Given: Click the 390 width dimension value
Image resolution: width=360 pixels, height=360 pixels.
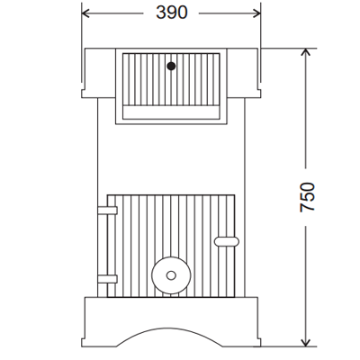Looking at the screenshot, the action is [x=172, y=13].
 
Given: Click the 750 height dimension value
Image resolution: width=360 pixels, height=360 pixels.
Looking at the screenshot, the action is [x=308, y=197].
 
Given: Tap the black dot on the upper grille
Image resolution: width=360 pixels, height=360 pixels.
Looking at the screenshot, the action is [x=171, y=66].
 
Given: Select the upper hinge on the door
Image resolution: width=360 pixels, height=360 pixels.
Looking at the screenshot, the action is [x=107, y=210].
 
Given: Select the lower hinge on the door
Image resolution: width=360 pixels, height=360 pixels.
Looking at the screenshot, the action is [x=107, y=279].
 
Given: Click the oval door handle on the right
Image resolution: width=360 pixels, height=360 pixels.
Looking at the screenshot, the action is [x=227, y=241].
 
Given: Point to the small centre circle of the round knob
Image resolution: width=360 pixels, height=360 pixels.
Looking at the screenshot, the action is [x=171, y=275].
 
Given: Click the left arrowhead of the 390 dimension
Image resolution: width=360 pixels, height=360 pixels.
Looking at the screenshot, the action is [x=86, y=13].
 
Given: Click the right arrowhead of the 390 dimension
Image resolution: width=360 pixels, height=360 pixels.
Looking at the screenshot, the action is [x=256, y=13].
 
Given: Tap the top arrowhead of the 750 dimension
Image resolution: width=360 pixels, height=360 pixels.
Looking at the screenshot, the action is [x=306, y=52].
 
